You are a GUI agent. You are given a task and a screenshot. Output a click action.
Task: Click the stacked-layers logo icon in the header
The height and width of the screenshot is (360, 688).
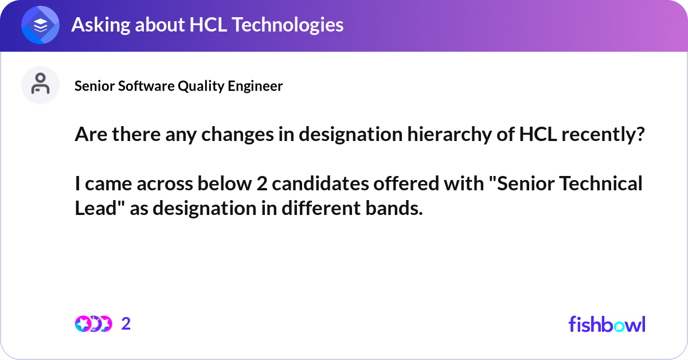tap(41, 25)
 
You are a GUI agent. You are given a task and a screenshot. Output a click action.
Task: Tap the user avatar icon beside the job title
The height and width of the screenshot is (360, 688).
tap(41, 85)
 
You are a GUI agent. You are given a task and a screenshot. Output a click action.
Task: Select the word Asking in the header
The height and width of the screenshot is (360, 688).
tap(98, 25)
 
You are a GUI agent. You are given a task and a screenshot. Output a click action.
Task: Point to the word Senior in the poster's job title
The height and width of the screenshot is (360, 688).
tap(93, 86)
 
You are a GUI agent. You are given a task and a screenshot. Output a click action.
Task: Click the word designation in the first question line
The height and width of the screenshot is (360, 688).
tap(333, 135)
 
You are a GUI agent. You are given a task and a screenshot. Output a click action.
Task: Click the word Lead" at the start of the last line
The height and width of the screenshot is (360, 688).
tap(100, 209)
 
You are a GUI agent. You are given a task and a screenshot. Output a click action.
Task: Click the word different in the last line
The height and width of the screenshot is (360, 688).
tap(316, 209)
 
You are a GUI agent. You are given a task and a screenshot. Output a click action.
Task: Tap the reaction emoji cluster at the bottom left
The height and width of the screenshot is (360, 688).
tap(93, 324)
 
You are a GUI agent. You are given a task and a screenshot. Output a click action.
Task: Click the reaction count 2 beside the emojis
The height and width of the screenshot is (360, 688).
tap(126, 324)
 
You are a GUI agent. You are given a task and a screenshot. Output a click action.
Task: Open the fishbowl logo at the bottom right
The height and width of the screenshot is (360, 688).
tap(607, 324)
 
